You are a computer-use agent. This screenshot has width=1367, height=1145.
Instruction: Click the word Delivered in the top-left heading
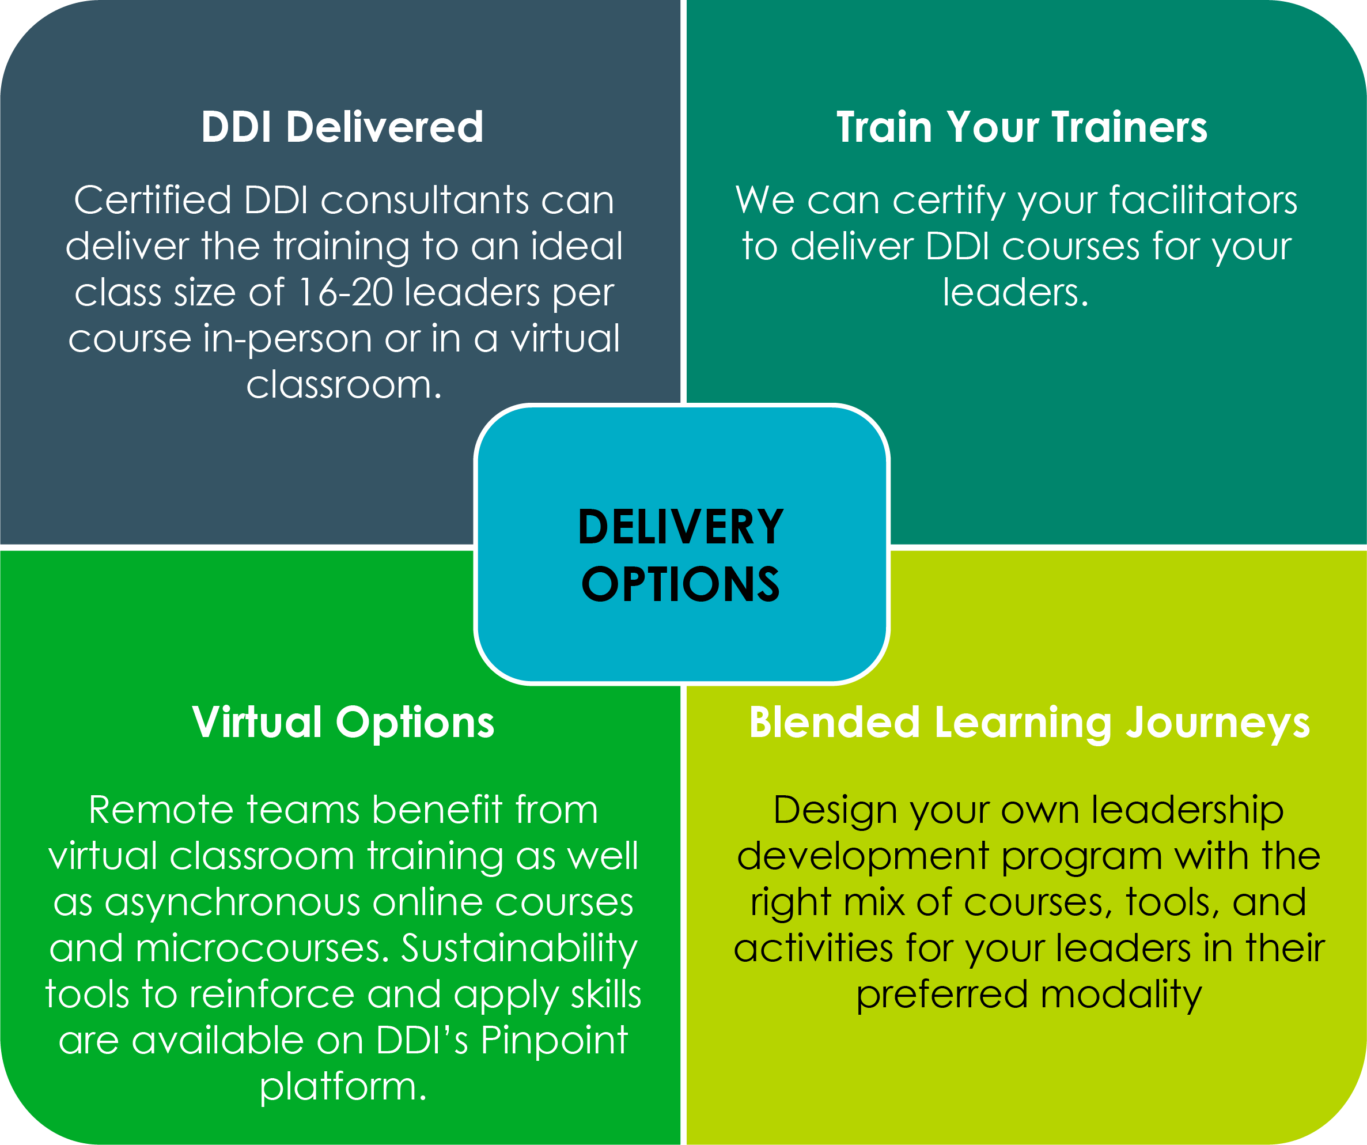(385, 126)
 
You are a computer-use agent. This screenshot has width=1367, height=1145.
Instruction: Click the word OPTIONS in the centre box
(681, 584)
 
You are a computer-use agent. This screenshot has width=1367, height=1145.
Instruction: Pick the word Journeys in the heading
(1218, 724)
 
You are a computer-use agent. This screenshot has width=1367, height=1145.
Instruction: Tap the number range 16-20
(344, 292)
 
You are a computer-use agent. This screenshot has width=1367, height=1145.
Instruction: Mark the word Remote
(161, 810)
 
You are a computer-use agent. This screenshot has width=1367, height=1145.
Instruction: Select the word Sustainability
(520, 950)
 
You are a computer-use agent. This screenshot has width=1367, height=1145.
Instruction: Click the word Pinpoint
(554, 1041)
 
